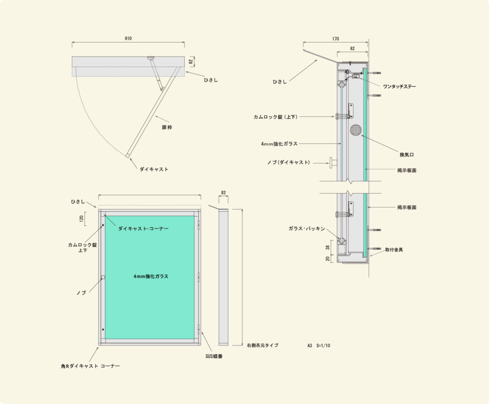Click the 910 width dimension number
(x=128, y=38)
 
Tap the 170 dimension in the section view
(x=336, y=39)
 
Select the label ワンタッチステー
(x=400, y=87)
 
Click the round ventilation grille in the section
(x=355, y=130)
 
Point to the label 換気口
(x=407, y=155)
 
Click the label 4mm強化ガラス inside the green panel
(x=150, y=276)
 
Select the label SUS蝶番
(x=214, y=356)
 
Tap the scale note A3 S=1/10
(x=319, y=346)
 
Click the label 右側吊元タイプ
(x=263, y=345)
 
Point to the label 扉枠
(x=167, y=127)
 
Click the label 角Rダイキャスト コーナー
(x=90, y=366)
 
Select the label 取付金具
(x=394, y=250)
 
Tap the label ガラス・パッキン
(x=307, y=229)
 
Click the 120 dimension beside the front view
(x=82, y=218)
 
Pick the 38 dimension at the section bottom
(x=328, y=247)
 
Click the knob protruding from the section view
(x=333, y=162)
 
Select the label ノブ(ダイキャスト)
(x=289, y=163)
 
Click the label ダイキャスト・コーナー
(x=143, y=229)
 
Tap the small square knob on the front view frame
(x=103, y=277)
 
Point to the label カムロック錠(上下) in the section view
(x=276, y=117)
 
